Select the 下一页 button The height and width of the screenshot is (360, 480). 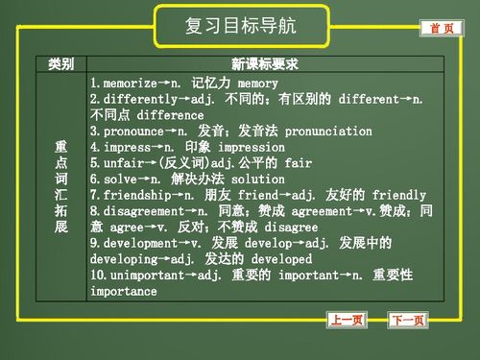(x=408, y=320)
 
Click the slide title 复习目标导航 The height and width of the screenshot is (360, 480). (x=240, y=26)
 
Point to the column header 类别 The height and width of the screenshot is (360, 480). (x=61, y=65)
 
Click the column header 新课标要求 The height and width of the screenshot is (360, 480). (x=265, y=65)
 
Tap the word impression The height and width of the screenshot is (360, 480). (x=252, y=148)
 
